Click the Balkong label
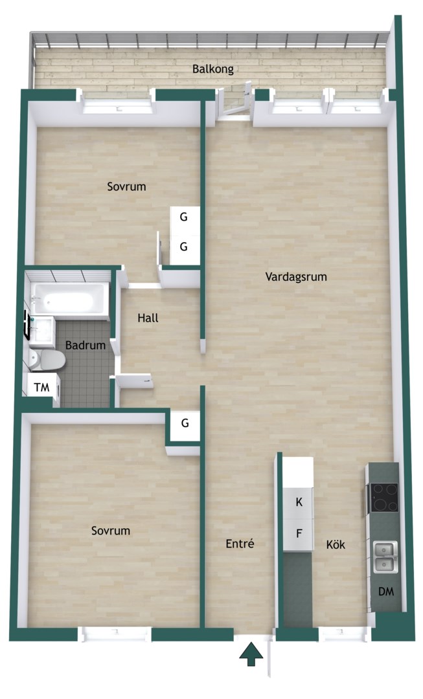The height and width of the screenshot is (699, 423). tap(213, 69)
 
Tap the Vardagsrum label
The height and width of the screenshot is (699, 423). tap(296, 276)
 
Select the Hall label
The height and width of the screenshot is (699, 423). tap(148, 318)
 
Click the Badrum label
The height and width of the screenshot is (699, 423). tap(86, 345)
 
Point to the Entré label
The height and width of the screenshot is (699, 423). tap(240, 544)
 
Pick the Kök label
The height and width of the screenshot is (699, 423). tap(336, 544)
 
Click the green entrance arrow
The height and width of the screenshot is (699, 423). tap(251, 654)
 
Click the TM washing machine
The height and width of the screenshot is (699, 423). tap(42, 388)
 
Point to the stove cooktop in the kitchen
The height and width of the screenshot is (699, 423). tap(383, 498)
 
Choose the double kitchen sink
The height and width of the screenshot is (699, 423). tap(385, 557)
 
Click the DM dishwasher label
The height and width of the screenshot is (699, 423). tap(386, 592)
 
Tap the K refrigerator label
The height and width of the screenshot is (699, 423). tap(299, 502)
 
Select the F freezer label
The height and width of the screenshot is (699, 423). tap(299, 533)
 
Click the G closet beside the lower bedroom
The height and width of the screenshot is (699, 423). tap(185, 423)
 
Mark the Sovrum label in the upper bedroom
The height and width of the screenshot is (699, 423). tap(126, 186)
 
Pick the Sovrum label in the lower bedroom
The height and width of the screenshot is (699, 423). tap(111, 531)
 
